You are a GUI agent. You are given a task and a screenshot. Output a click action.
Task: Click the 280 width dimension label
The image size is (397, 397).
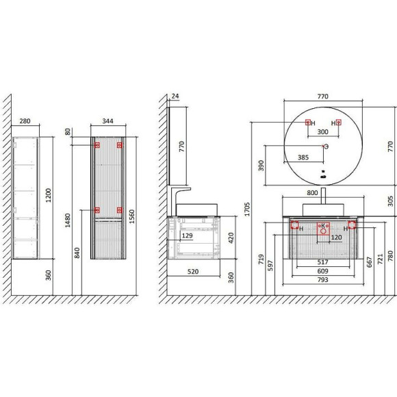click(25, 121)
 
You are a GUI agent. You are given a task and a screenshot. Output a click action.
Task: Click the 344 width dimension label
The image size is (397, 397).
click(107, 121)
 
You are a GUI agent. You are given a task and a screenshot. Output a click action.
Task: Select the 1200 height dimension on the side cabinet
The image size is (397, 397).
click(48, 195)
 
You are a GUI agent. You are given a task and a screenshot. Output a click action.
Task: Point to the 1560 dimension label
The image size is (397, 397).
click(131, 216)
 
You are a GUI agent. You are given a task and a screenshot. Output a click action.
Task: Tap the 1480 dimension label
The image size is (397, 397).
click(68, 220)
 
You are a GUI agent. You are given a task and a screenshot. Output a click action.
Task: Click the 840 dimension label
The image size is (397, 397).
click(77, 253)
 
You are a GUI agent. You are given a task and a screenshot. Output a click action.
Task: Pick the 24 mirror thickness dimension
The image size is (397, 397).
click(175, 97)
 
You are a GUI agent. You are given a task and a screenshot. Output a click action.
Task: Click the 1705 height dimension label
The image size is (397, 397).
click(247, 209)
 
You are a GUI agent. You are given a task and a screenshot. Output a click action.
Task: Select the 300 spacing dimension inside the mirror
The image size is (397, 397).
click(322, 132)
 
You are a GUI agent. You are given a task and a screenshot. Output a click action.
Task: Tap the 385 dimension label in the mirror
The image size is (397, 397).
click(303, 157)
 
